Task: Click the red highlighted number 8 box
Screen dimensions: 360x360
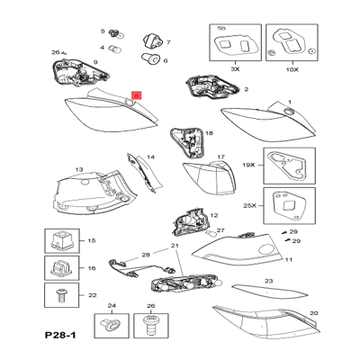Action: [137, 95]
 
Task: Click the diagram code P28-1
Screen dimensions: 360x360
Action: [60, 335]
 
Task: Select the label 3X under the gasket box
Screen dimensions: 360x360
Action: [235, 69]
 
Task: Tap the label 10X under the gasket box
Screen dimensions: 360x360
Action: [292, 69]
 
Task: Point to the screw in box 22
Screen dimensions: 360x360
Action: [62, 295]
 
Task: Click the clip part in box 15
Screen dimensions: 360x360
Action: [62, 240]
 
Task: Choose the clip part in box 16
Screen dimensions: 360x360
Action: [62, 268]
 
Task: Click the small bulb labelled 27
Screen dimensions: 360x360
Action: [209, 233]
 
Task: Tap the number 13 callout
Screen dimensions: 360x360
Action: [79, 170]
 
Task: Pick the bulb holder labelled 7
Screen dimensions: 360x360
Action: [152, 41]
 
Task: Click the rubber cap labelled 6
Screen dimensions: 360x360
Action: [150, 58]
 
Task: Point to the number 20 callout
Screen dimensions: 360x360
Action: [314, 313]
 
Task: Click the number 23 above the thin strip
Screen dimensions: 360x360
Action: [268, 281]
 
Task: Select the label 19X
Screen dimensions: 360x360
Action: [248, 165]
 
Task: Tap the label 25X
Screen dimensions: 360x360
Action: [249, 206]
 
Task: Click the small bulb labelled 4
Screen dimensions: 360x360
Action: [114, 47]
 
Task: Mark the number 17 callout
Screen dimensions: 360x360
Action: [220, 157]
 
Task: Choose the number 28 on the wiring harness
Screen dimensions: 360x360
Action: [146, 255]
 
